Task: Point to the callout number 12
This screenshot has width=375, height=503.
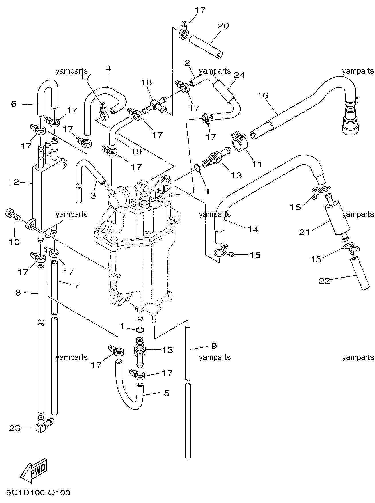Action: tap(14, 182)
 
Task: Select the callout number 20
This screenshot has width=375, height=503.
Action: tap(223, 26)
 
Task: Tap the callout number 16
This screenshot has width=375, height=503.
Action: tap(263, 95)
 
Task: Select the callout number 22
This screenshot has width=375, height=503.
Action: tap(325, 281)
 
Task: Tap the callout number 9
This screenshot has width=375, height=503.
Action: tap(214, 346)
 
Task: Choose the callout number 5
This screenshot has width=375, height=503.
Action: tap(167, 393)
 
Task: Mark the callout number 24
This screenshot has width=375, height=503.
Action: tap(239, 75)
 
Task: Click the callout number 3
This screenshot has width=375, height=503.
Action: tap(93, 196)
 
